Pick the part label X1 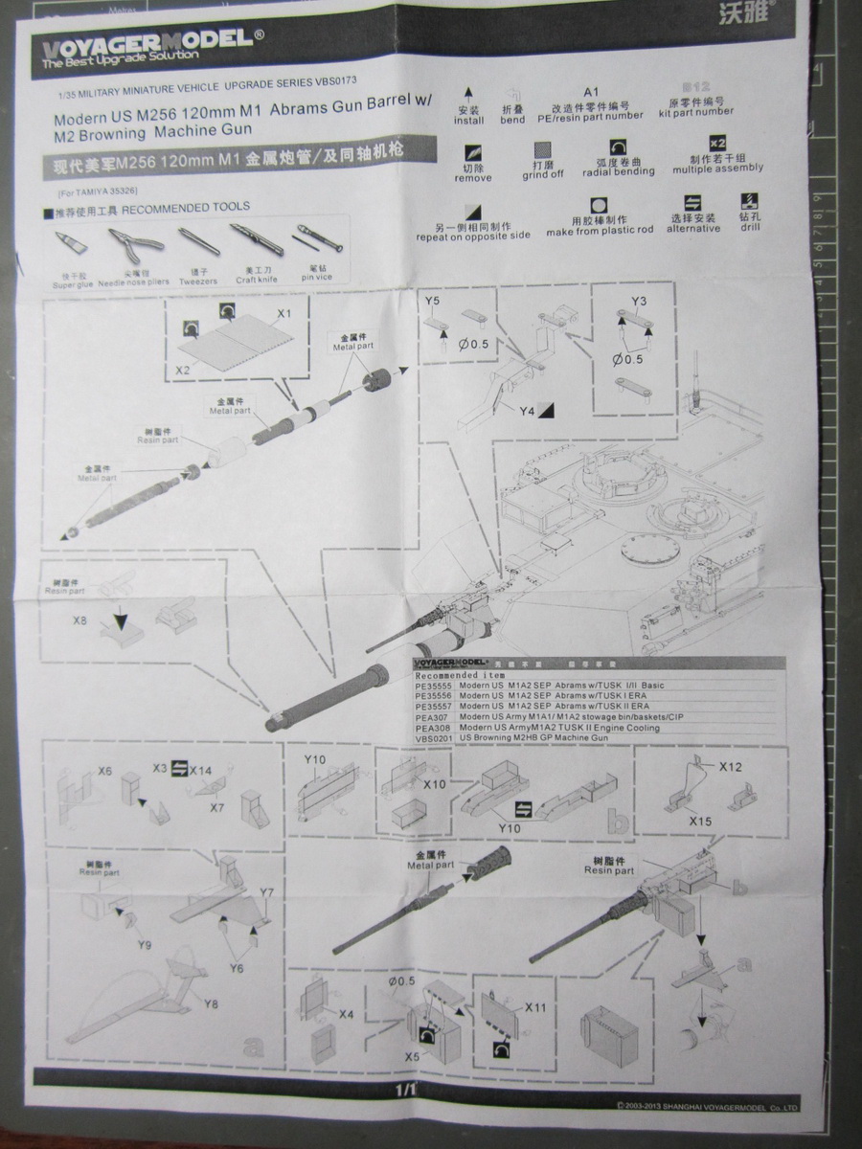tap(284, 314)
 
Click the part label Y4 tap(525, 411)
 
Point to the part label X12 tap(731, 767)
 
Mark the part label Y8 tap(212, 1003)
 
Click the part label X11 tap(535, 1008)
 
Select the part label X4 tap(347, 1013)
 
